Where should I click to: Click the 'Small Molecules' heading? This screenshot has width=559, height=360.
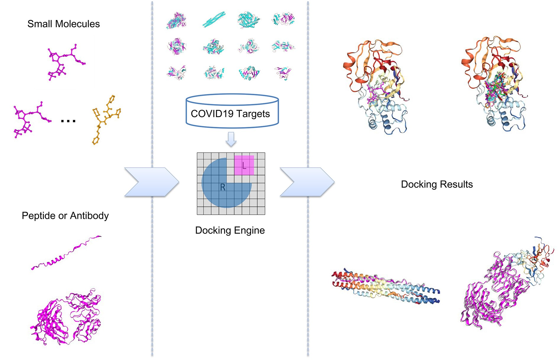(x=64, y=24)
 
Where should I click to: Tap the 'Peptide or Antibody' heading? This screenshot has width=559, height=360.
(x=65, y=216)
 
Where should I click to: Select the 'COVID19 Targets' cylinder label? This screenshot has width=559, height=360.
(x=230, y=114)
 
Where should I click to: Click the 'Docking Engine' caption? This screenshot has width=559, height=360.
(x=230, y=230)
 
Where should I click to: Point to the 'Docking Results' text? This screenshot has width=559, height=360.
(x=437, y=184)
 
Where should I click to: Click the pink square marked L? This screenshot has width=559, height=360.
(x=244, y=165)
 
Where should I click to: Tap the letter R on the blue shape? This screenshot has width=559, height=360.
(x=223, y=187)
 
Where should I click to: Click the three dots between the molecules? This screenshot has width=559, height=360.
(x=68, y=121)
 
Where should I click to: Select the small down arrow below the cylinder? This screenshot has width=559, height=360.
(x=231, y=139)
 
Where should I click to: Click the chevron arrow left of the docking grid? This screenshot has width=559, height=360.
(x=151, y=182)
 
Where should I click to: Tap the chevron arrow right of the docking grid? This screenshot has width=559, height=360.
(x=307, y=182)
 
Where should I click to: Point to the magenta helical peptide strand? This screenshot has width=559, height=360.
(x=66, y=253)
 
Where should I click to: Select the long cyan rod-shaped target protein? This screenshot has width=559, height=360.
(x=214, y=20)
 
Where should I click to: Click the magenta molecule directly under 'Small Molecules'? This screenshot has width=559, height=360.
(x=66, y=62)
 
